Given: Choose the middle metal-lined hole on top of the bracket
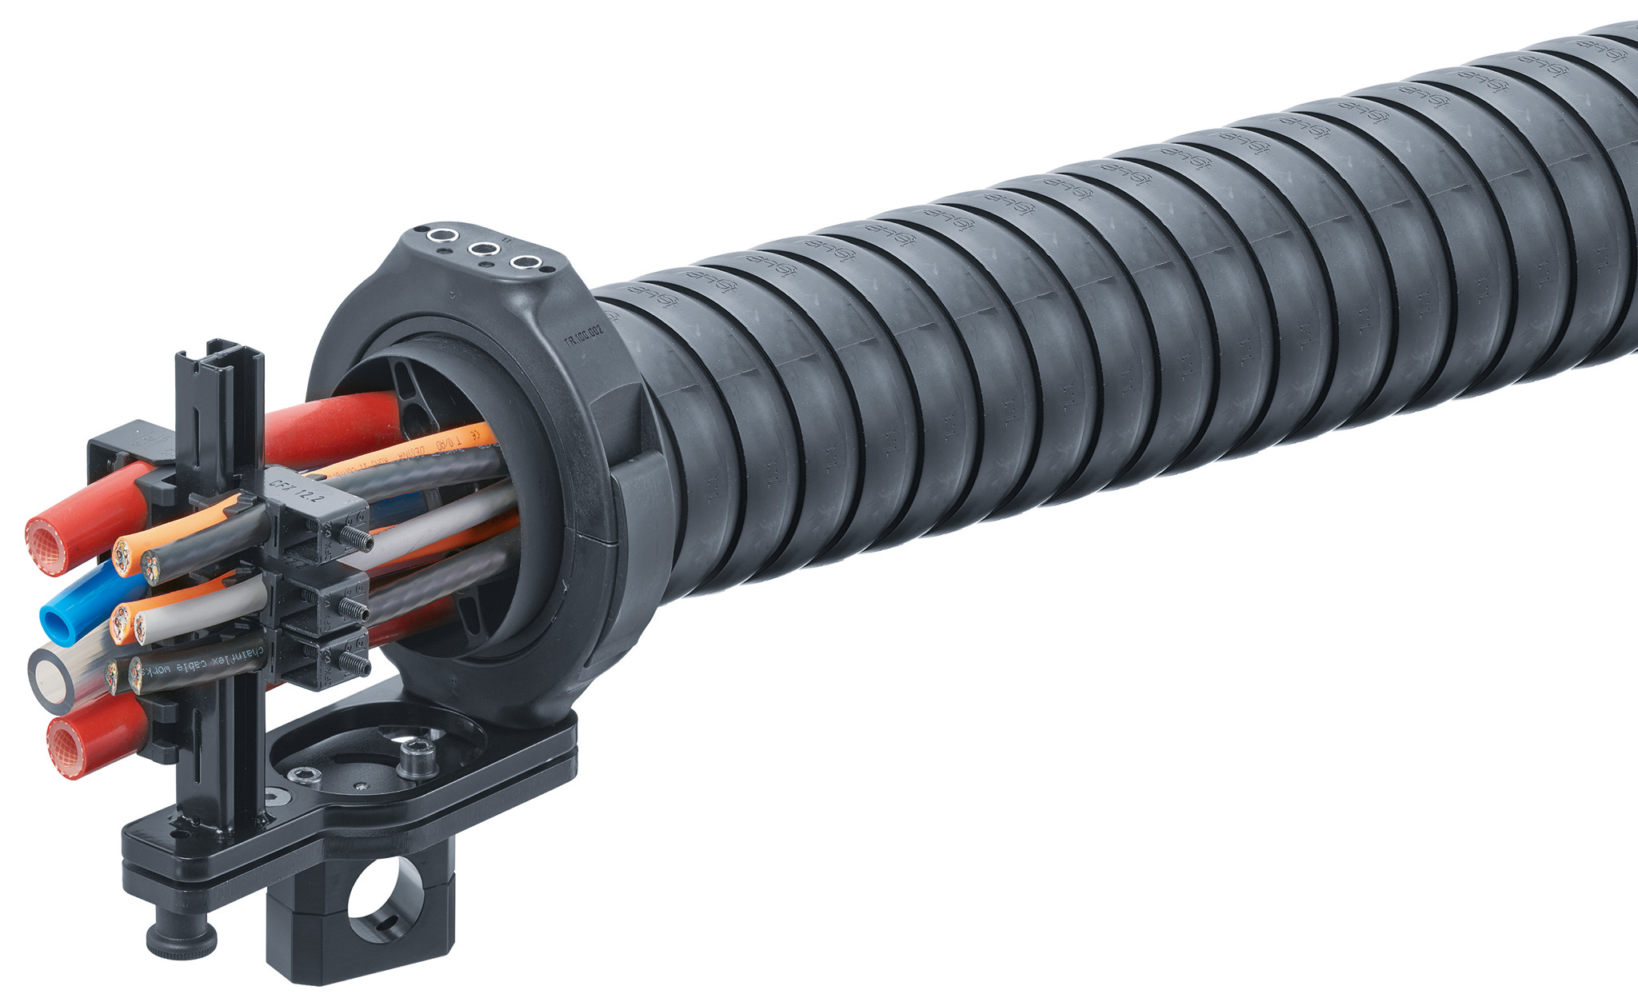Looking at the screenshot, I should click(x=482, y=249).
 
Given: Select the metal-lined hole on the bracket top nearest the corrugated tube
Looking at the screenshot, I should click(x=525, y=261).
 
